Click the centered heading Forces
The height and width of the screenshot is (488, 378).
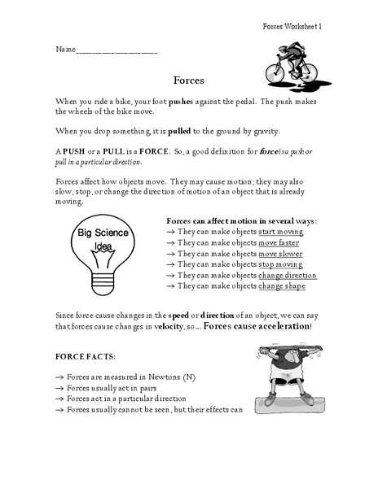pos(187,81)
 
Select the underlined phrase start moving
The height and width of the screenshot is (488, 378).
pos(280,232)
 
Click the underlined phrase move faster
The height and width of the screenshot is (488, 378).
pos(279,242)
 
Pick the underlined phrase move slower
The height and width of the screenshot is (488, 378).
pos(280,254)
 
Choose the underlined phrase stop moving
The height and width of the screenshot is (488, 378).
pos(279,264)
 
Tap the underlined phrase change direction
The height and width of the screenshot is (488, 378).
pos(288,276)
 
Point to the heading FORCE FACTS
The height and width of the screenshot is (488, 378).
pos(86,356)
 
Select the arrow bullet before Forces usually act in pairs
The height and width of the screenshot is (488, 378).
pos(59,389)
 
